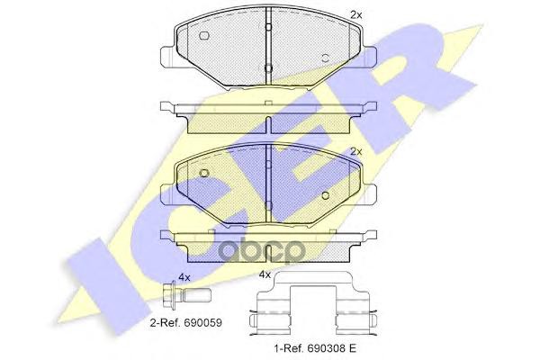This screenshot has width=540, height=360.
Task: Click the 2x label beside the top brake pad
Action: tap(355, 15)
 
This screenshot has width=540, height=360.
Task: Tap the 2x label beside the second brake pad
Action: tap(355, 151)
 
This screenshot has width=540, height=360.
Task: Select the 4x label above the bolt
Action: tap(185, 277)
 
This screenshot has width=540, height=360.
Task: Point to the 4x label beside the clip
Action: tap(265, 274)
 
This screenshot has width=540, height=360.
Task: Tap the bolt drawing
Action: tap(184, 296)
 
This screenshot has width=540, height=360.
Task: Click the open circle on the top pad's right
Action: tap(326, 58)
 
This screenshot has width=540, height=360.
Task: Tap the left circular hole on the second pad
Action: tap(204, 173)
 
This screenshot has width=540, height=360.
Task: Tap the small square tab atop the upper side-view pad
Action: tap(269, 102)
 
